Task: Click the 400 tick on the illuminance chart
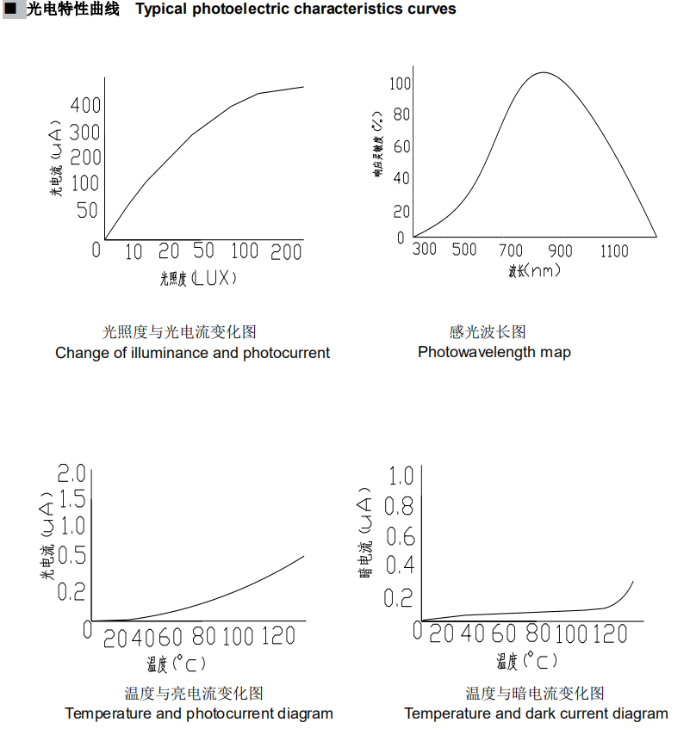pos(86,106)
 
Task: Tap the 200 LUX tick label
pos(286,251)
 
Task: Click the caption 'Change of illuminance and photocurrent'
pos(192,352)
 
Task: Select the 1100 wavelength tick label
pos(614,250)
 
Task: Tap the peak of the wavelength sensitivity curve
pos(543,73)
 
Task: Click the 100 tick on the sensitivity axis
pos(400,83)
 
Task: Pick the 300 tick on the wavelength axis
pos(425,250)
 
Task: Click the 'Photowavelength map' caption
pos(494,352)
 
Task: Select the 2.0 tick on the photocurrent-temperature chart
pos(71,472)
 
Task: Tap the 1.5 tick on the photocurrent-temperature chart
pos(71,498)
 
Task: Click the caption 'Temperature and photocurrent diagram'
pos(198,713)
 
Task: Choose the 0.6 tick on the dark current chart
pos(400,537)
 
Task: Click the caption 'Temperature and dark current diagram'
pos(536,713)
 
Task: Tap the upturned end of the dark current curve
pos(631,584)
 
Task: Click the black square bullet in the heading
pos(11,9)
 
